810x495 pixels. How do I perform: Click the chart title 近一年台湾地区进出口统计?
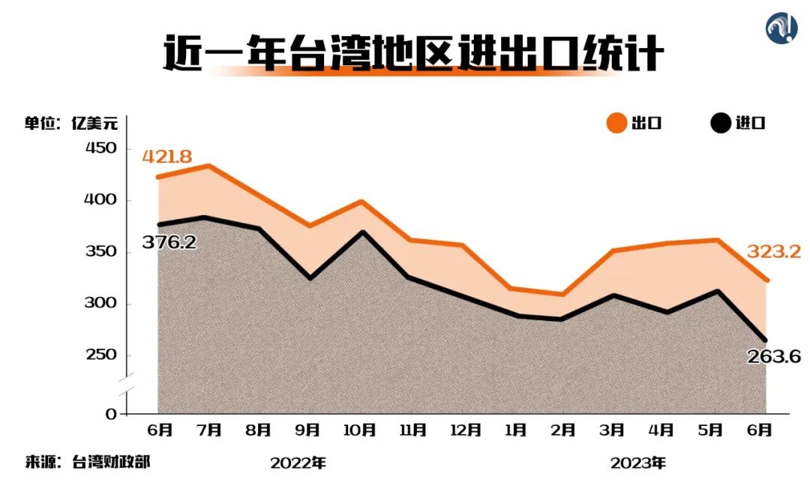(x=413, y=54)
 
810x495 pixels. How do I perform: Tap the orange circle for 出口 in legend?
(x=616, y=123)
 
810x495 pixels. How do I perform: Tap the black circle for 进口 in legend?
(x=721, y=123)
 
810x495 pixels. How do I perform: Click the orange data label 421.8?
(x=167, y=157)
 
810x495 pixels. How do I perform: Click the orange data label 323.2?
(x=773, y=252)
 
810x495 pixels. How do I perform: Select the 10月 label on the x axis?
(x=359, y=430)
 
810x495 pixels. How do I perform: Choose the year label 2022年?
(x=298, y=463)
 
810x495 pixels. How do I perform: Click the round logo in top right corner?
(x=781, y=28)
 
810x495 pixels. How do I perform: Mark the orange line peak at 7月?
(x=208, y=166)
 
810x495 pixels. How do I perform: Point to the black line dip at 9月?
(x=309, y=278)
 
